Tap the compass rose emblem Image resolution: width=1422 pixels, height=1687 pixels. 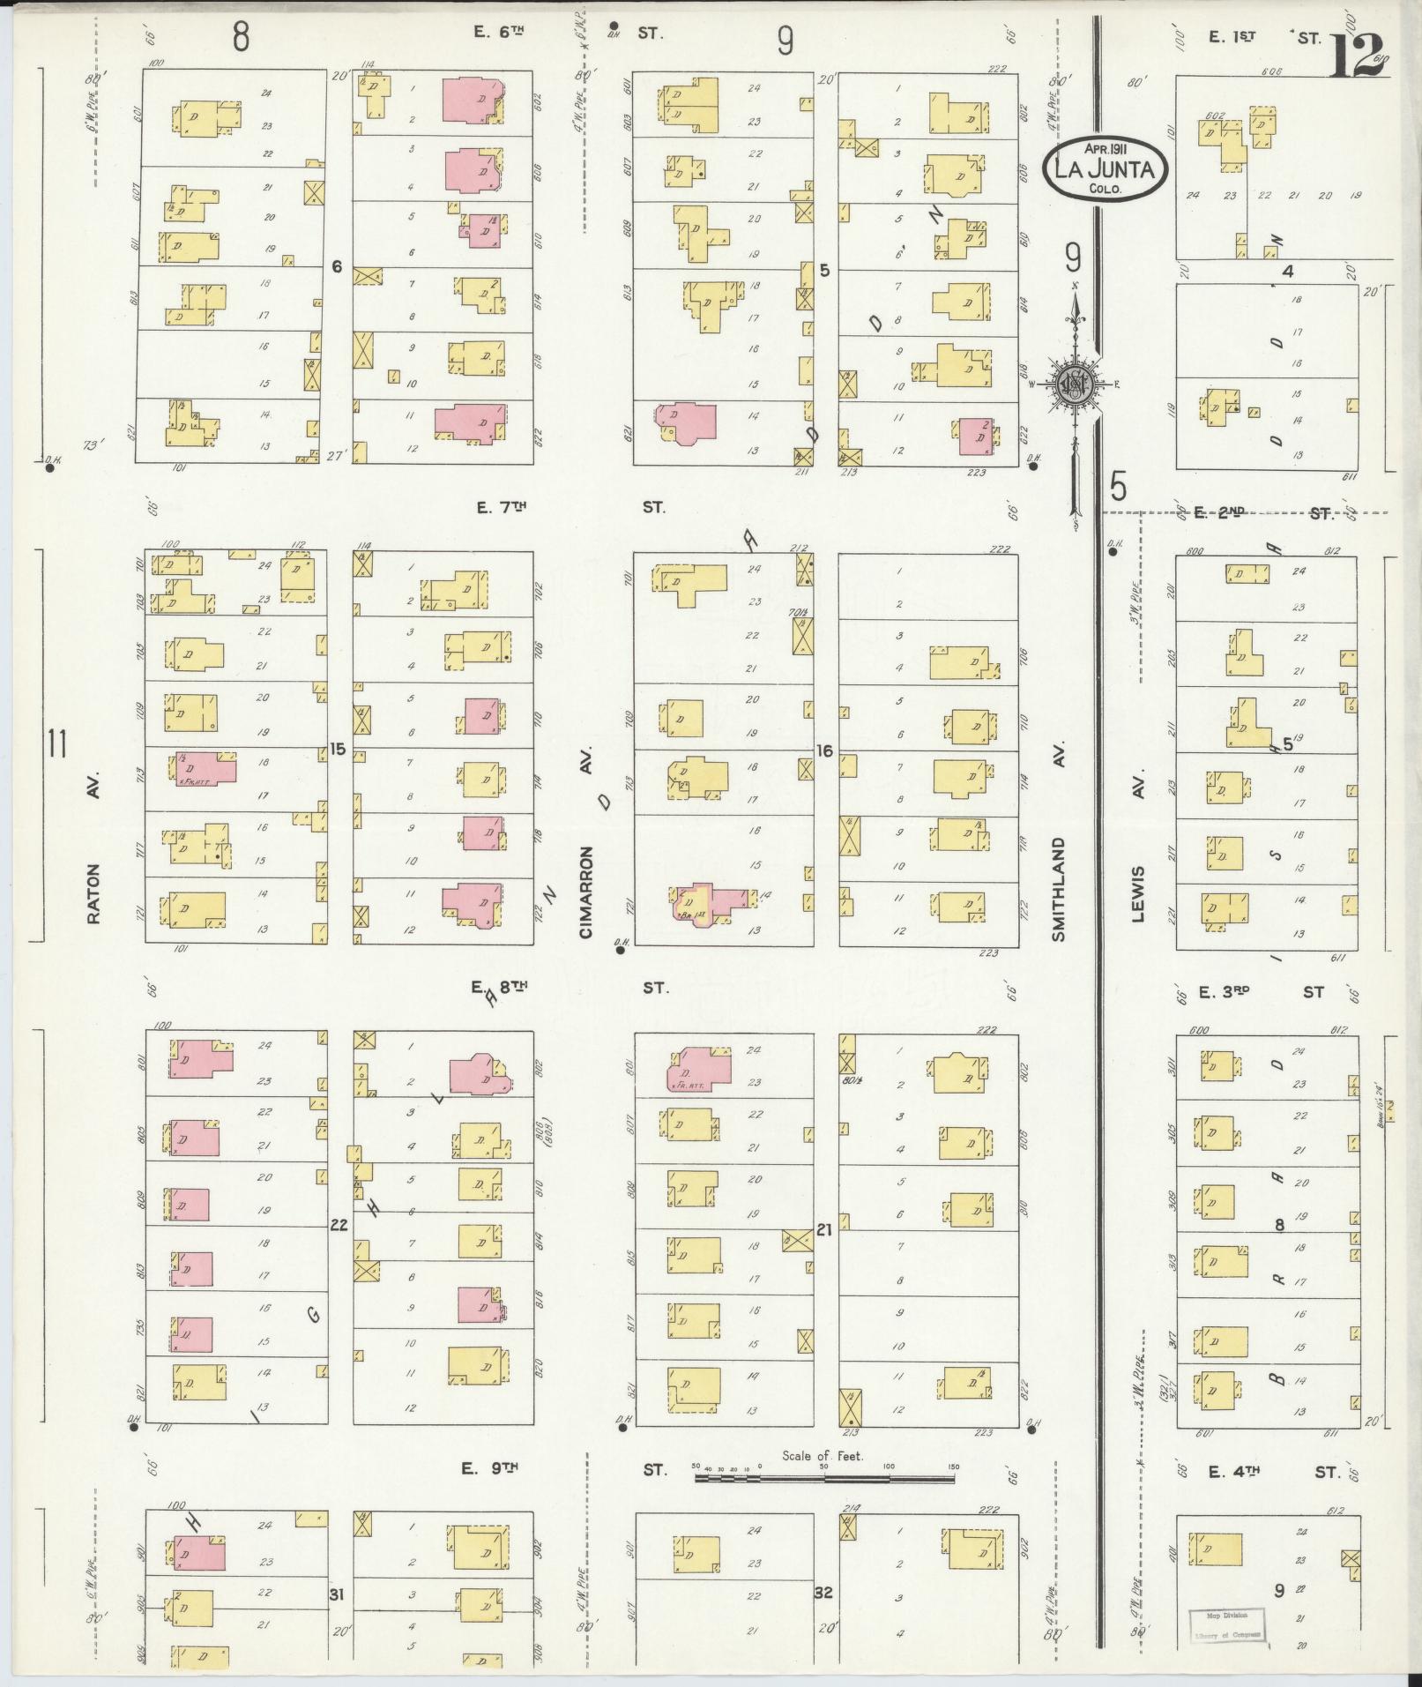pos(1076,384)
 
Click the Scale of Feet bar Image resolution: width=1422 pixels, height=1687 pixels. pos(826,1471)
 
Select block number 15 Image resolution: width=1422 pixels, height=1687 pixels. pos(337,749)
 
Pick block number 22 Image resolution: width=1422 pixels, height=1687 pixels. pos(338,1224)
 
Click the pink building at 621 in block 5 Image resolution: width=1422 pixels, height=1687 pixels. pos(685,422)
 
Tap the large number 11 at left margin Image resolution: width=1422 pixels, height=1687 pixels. pos(57,745)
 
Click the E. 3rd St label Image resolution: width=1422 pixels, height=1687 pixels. pos(1261,992)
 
